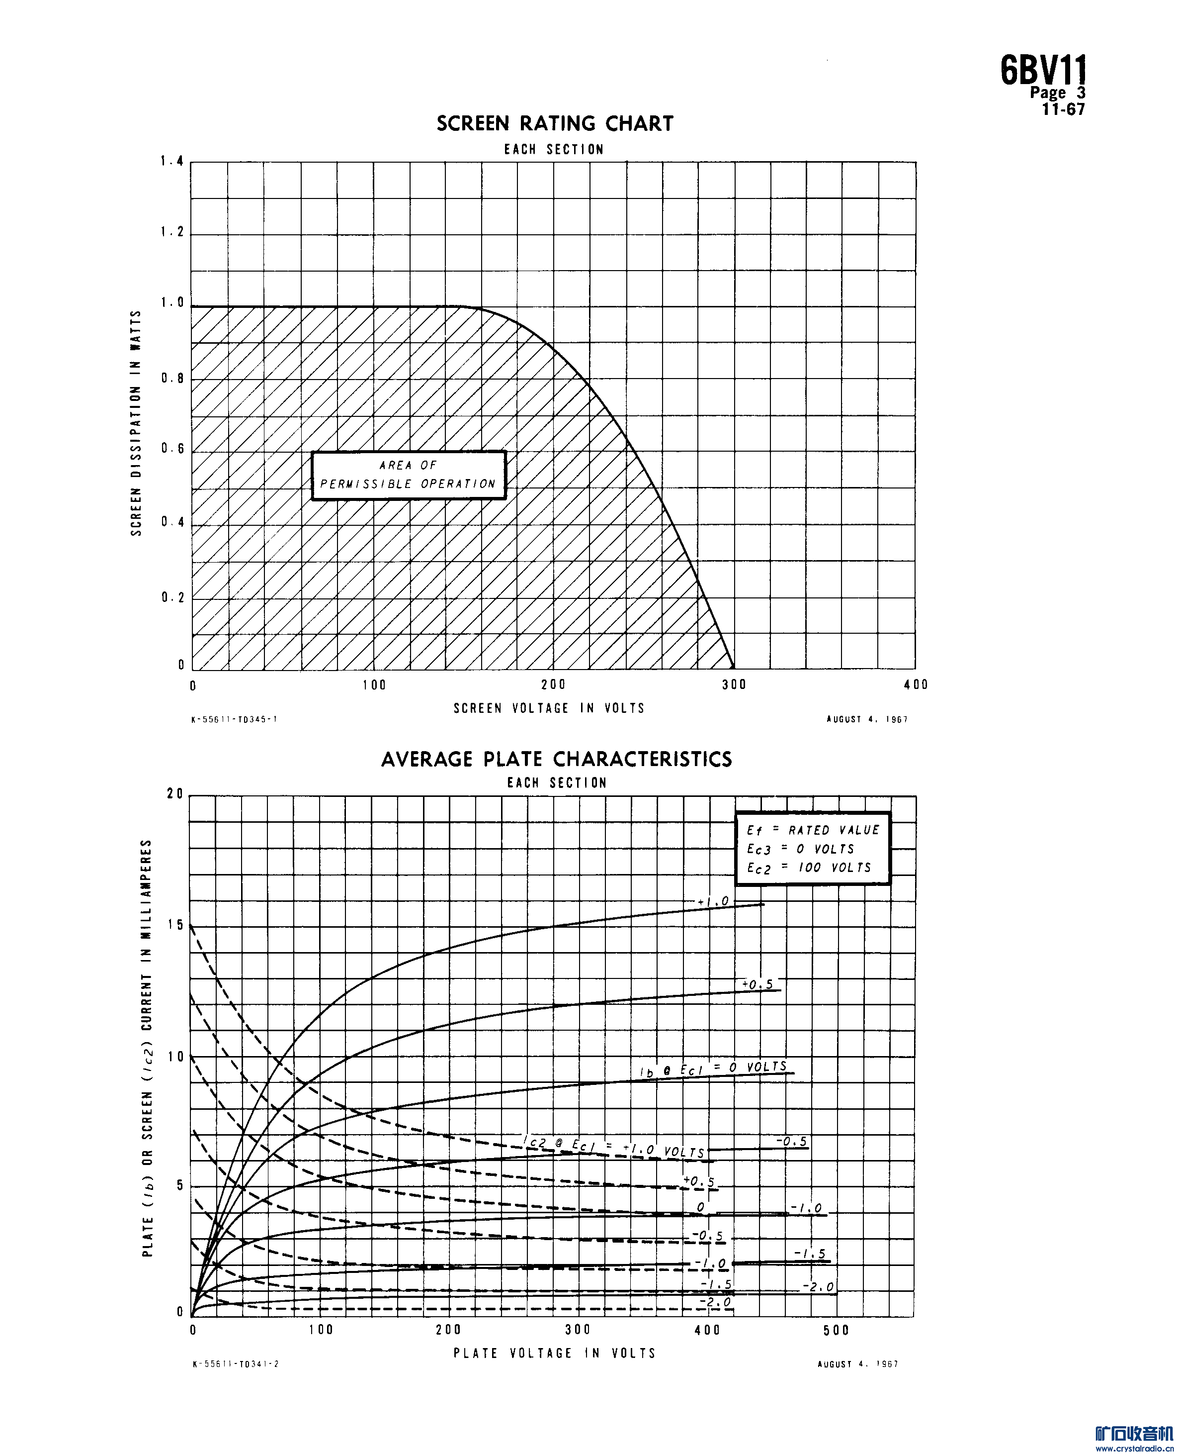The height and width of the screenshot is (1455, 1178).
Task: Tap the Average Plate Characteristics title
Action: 556,759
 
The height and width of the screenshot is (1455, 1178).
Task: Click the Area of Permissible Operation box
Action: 409,475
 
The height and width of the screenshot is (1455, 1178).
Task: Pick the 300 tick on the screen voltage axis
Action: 734,684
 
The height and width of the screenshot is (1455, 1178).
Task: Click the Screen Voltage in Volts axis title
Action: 549,708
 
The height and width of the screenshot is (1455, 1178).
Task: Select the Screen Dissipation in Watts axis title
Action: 136,423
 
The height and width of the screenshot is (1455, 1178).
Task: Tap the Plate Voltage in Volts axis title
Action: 554,1353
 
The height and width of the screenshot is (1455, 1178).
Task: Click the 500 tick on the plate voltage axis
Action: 836,1330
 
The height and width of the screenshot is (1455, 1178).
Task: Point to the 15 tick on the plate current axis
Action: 175,925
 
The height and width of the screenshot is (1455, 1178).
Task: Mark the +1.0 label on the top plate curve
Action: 713,902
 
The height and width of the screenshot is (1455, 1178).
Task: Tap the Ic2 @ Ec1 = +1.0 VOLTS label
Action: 615,1148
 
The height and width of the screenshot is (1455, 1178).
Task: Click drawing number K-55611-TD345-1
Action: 235,719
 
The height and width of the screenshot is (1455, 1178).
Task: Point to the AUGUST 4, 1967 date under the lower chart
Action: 858,1364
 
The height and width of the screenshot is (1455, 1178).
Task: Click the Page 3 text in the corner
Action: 1057,93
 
